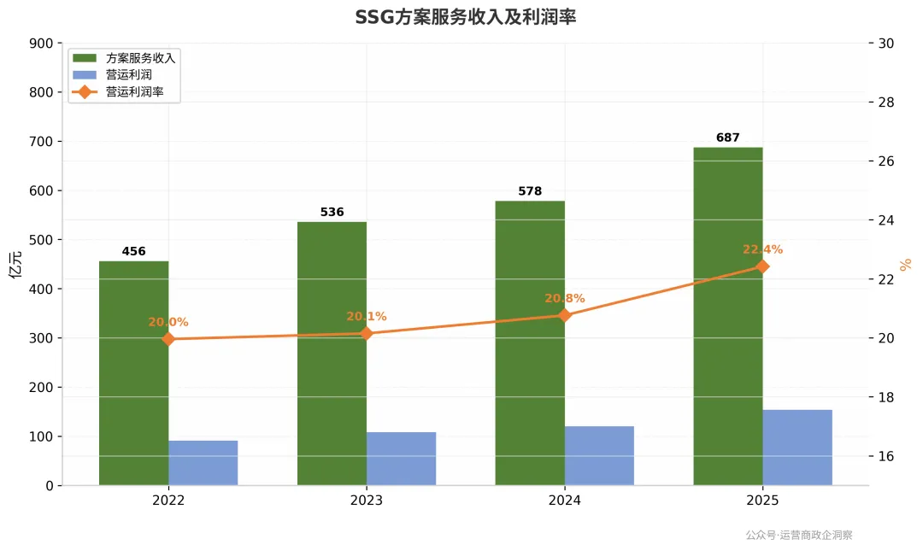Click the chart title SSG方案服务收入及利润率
[465, 17]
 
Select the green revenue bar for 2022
[133, 373]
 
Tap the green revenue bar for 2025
[728, 317]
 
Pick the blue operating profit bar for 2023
[402, 459]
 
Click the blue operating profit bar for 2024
[599, 456]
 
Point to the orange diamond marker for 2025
[762, 267]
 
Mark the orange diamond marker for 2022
[168, 339]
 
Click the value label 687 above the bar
[727, 137]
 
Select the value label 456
[133, 251]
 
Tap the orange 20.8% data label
[565, 298]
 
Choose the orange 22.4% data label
[762, 249]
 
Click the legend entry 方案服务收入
[141, 58]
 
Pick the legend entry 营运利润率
[135, 91]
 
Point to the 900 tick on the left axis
[41, 44]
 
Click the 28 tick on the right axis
[886, 102]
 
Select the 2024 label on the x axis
[565, 500]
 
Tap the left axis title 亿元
[16, 264]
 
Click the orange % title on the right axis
[905, 265]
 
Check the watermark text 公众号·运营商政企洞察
[799, 535]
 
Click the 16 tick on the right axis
[886, 456]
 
